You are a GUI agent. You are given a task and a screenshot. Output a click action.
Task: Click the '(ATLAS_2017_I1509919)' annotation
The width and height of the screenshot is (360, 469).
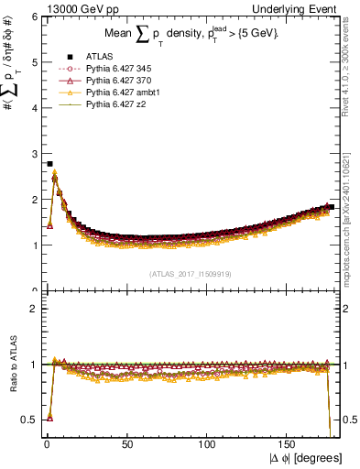[189, 273]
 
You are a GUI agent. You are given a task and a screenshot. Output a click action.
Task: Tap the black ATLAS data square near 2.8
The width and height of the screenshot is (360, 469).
[49, 164]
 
